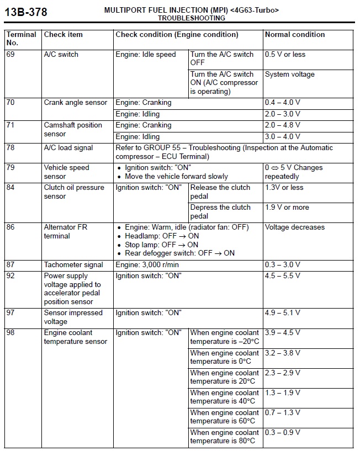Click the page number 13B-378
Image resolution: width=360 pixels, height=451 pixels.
tap(26, 12)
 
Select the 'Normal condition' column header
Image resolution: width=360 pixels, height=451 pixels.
tap(295, 35)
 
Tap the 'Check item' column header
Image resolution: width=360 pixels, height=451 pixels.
tap(63, 35)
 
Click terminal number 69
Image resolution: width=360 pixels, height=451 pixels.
tap(11, 55)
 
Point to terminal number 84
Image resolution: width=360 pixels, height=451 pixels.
tap(11, 188)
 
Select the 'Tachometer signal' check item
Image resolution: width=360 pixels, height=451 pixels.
tap(73, 265)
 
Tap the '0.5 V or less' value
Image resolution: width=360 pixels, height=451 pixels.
tap(285, 55)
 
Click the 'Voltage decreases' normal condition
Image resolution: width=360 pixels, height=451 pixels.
tap(295, 227)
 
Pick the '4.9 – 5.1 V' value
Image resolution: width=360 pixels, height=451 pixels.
tap(283, 313)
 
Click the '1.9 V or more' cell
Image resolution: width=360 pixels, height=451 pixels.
tap(287, 208)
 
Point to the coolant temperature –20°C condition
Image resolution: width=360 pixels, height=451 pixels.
tap(224, 337)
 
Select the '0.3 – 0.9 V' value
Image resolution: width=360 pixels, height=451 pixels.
tap(283, 433)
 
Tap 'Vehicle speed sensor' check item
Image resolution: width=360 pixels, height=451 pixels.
tap(66, 172)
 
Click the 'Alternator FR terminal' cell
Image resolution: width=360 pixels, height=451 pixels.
tap(65, 232)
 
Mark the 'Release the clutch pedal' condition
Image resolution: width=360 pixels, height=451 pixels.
tap(220, 192)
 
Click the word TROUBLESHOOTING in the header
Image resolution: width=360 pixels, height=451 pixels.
tap(192, 18)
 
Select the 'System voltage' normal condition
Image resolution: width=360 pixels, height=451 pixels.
tap(290, 75)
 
